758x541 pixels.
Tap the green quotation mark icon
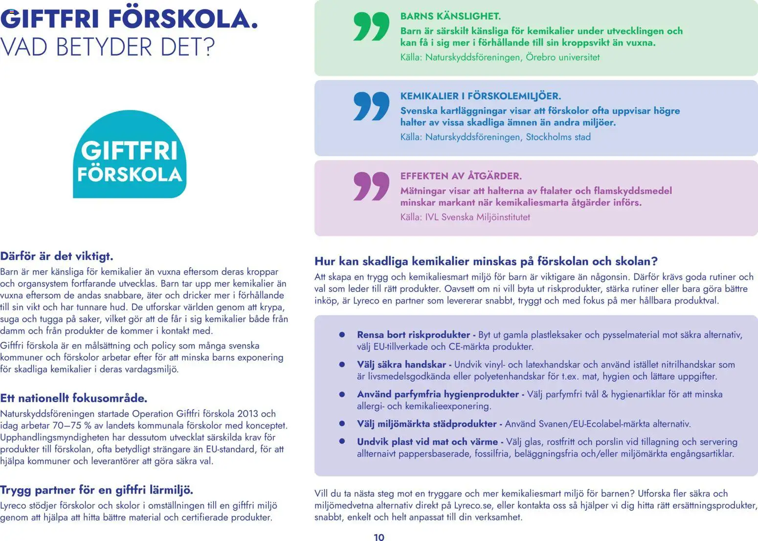tap(371, 27)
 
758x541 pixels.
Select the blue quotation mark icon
tap(371, 106)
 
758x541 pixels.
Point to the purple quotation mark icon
tap(371, 186)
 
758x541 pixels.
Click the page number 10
tap(379, 537)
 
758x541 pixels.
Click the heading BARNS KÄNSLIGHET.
tap(450, 16)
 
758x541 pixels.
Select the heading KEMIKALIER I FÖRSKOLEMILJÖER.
tap(480, 96)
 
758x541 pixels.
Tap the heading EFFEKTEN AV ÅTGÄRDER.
tap(461, 176)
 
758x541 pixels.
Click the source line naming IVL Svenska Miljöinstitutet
tap(465, 217)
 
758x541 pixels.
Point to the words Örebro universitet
tap(562, 57)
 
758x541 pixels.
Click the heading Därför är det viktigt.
tap(57, 256)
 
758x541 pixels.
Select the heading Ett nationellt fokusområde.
tap(73, 398)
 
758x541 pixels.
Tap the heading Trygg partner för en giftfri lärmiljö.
tap(96, 490)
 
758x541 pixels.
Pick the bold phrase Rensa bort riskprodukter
tap(413, 335)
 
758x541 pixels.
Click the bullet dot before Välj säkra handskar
tap(342, 365)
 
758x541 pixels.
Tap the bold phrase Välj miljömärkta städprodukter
tap(426, 424)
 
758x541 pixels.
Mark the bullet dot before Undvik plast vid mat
tap(342, 442)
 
